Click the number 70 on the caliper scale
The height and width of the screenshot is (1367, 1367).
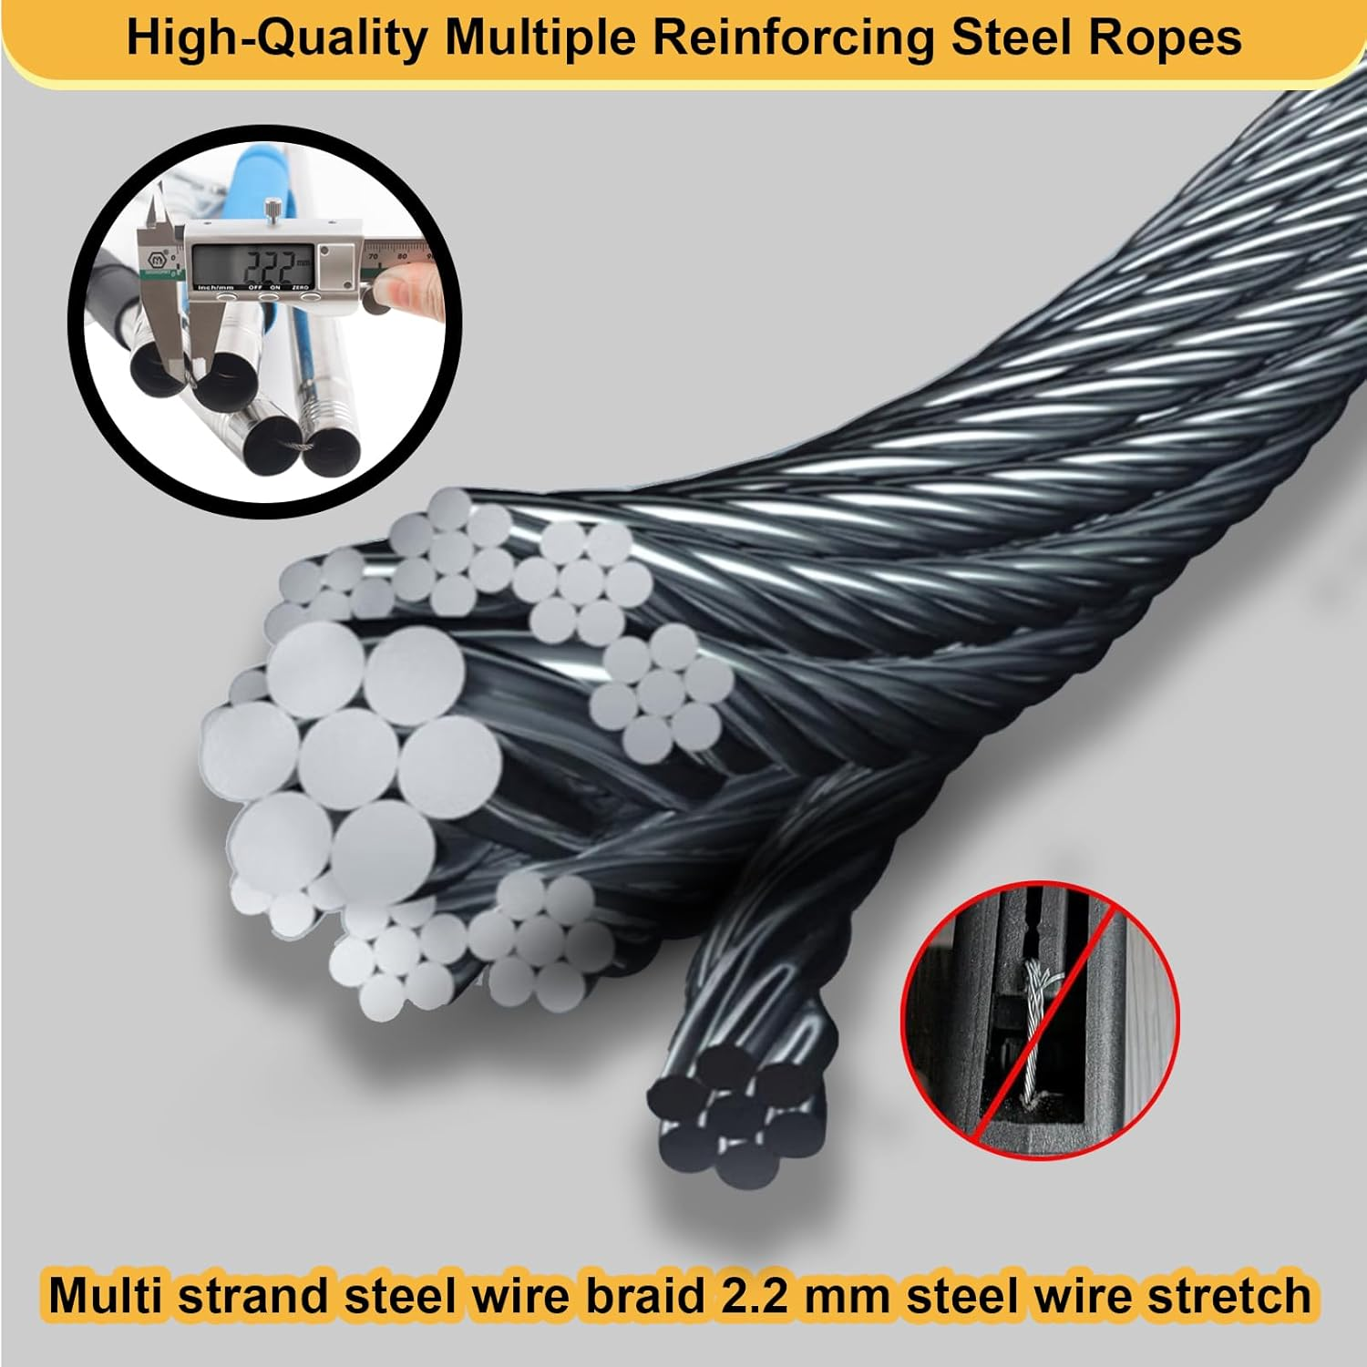point(374,257)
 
